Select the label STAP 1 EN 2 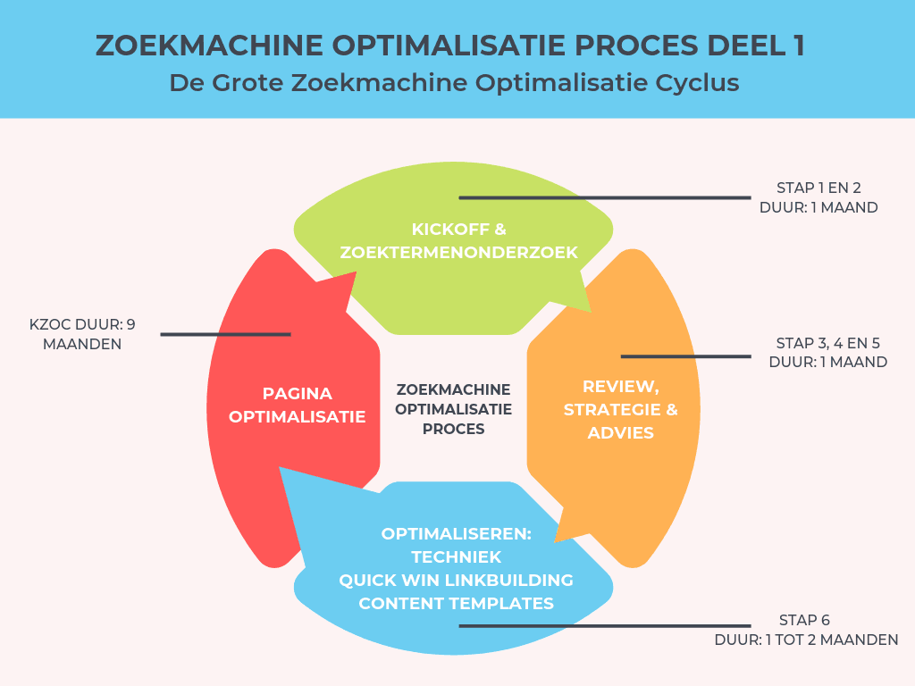coord(818,188)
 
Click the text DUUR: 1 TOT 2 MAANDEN coord(806,640)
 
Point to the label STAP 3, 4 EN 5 coord(828,343)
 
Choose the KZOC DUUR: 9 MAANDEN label coord(82,333)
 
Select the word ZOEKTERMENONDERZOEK coord(458,253)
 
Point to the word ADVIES coord(620,433)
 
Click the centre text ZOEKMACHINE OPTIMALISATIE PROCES coord(453,409)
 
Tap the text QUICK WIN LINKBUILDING coord(456,581)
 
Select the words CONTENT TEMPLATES coord(456,604)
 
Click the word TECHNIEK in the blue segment coord(456,557)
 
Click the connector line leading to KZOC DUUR coord(225,334)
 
